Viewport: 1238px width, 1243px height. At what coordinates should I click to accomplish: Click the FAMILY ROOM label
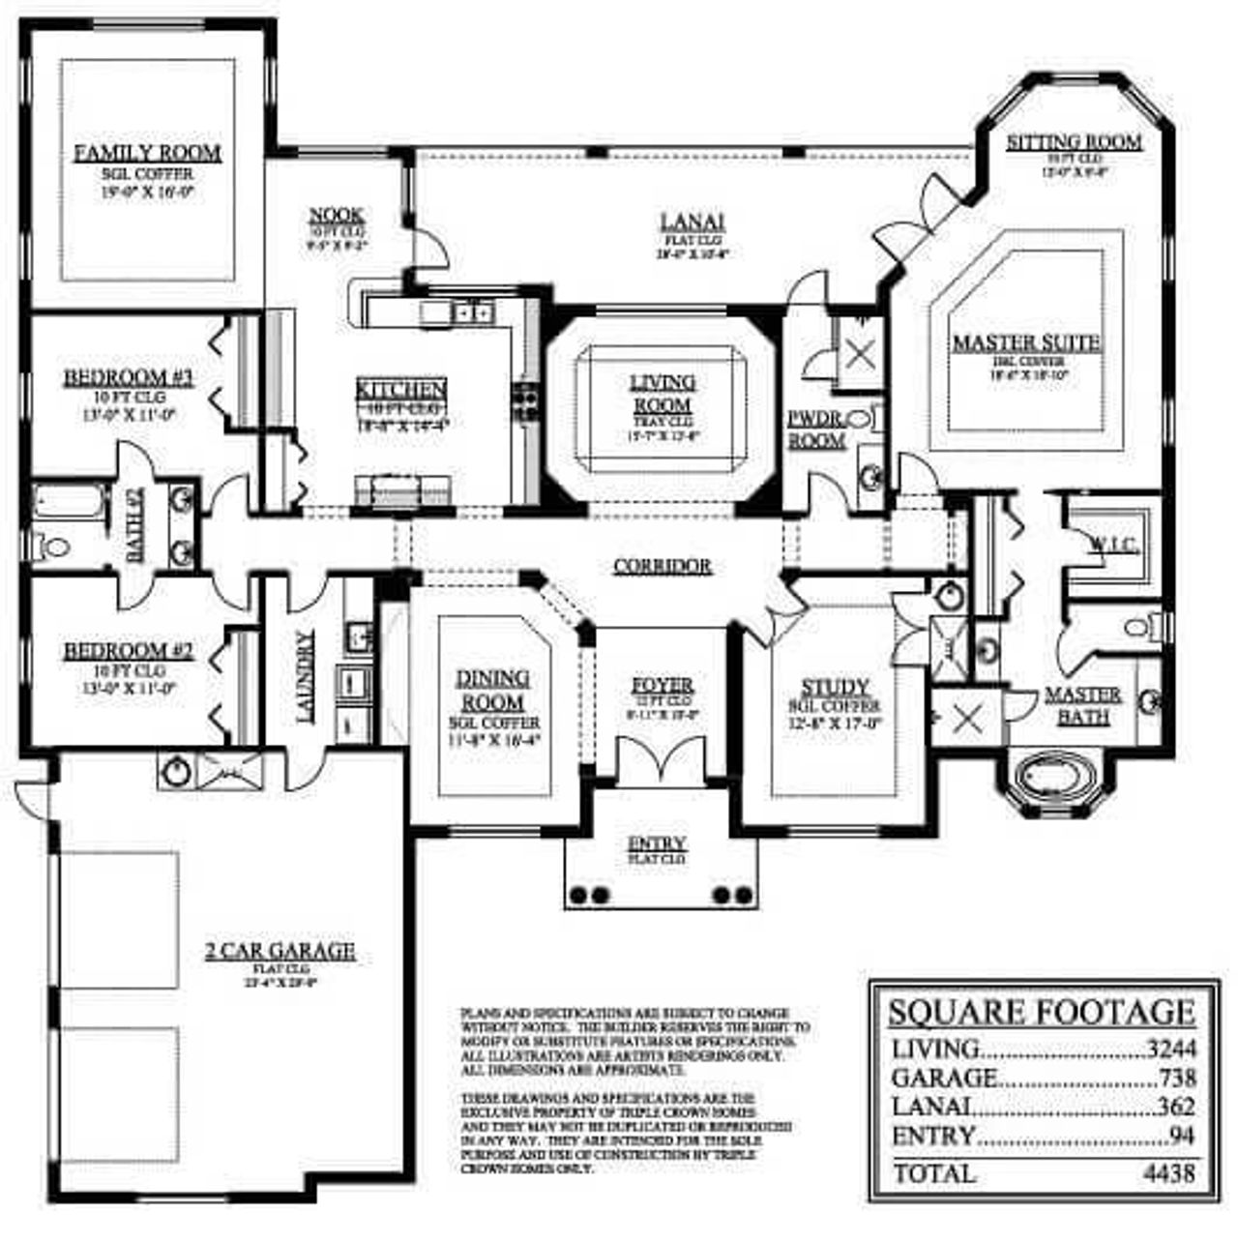pos(147,153)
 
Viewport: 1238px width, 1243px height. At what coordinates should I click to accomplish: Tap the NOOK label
pos(336,215)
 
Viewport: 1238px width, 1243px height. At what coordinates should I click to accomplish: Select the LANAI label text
pos(693,222)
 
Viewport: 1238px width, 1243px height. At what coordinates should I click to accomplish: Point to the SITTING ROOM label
pos(1074,142)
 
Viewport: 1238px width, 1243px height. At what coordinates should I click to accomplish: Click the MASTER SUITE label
pos(1026,343)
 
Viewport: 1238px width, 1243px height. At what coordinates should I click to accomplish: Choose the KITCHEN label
pos(401,390)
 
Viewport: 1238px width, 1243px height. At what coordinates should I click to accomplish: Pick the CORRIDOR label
pos(663,566)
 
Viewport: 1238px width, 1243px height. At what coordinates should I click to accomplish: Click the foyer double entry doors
pos(662,756)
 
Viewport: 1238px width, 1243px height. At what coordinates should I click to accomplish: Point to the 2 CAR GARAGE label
pos(280,951)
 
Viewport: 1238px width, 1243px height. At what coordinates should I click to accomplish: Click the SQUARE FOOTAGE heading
pos(1041,1012)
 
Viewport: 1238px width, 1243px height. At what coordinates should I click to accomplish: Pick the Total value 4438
pos(1172,1173)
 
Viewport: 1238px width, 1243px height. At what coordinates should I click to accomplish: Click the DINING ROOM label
pos(492,691)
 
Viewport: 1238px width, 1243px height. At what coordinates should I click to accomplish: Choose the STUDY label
pos(835,687)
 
